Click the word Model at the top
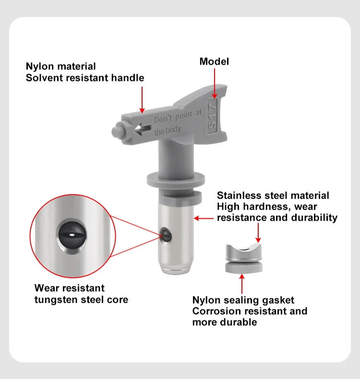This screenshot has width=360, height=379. tap(214, 61)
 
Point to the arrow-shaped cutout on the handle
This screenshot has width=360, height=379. tap(144, 129)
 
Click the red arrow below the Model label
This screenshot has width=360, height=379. tap(214, 83)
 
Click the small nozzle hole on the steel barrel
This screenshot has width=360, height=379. tap(167, 235)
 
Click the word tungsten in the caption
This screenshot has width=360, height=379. tap(57, 300)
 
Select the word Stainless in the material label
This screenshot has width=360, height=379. tap(239, 195)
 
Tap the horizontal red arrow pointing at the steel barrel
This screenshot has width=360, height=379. tap(204, 218)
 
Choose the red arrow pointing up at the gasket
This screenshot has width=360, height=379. tap(241, 283)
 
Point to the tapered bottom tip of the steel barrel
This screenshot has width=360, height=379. tap(178, 271)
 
